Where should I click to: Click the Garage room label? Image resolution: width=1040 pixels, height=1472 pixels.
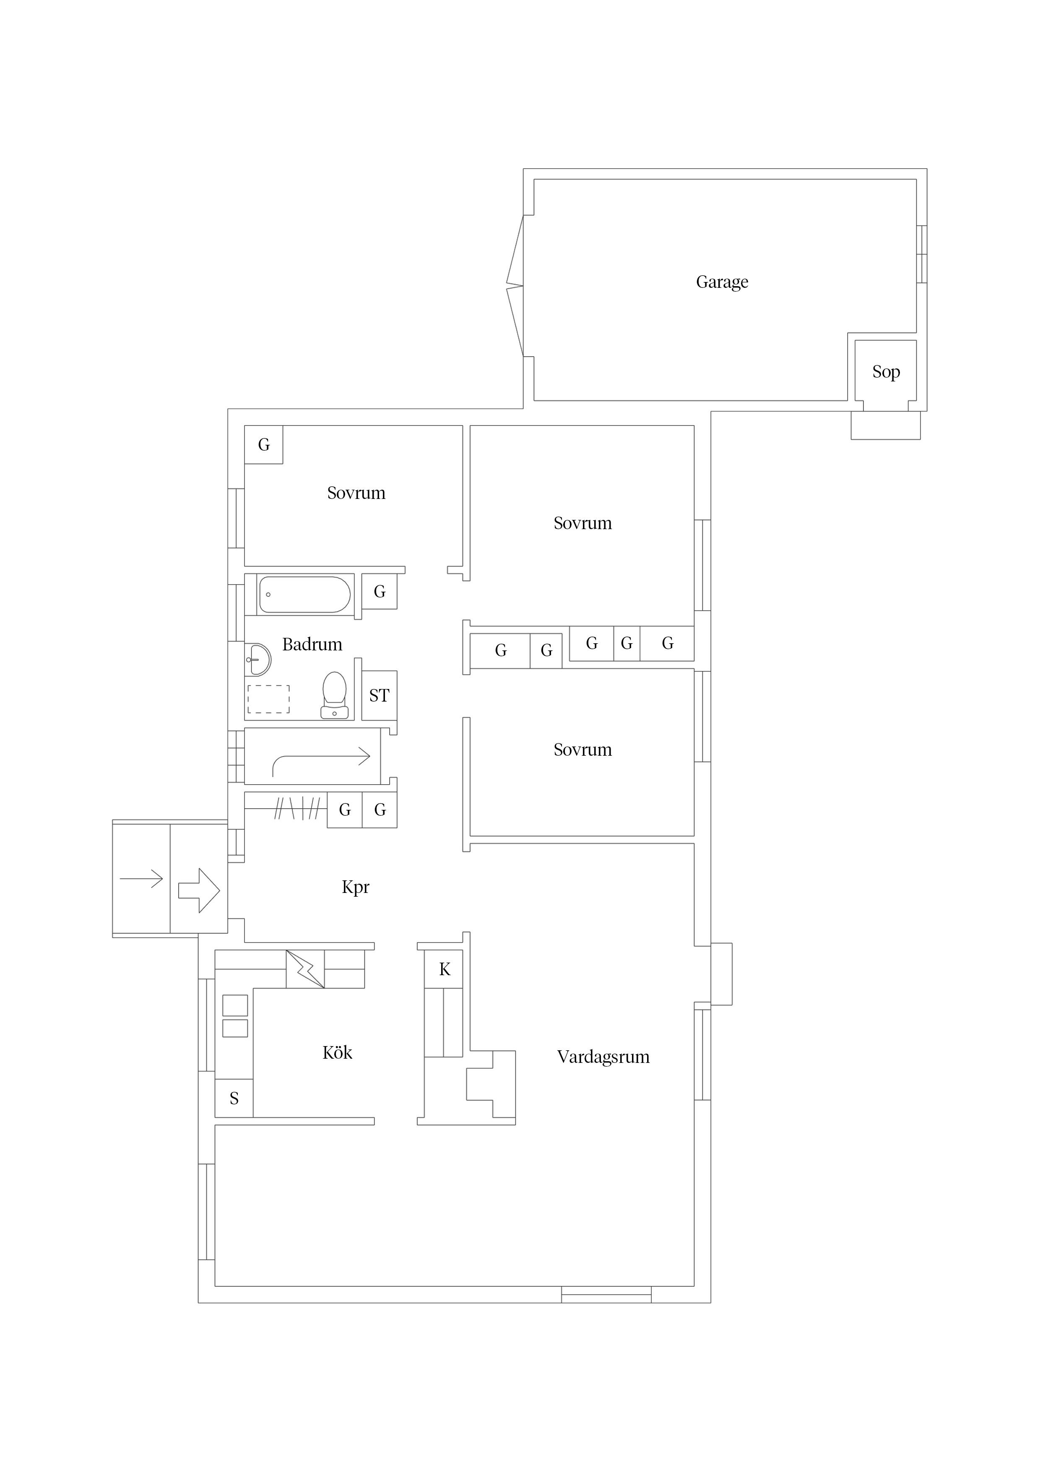tap(722, 282)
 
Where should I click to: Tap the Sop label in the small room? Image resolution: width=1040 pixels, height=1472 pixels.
tap(886, 372)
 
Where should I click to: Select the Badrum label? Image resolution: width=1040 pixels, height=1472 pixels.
tap(312, 645)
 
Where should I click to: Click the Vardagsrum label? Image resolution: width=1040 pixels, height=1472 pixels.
tap(603, 1057)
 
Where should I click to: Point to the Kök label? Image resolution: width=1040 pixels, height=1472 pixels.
tap(337, 1053)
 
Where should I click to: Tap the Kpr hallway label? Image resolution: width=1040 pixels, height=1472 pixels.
tap(356, 887)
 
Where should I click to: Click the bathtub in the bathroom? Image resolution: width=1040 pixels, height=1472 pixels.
tap(305, 595)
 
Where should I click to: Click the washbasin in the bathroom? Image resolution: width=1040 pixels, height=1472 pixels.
tap(257, 659)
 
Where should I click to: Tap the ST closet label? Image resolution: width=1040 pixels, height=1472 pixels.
tap(380, 696)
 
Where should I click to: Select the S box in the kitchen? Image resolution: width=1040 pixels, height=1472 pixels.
tap(234, 1098)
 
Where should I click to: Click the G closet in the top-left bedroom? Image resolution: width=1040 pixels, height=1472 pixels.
tap(263, 444)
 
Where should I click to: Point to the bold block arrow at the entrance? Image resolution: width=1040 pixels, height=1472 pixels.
tap(199, 890)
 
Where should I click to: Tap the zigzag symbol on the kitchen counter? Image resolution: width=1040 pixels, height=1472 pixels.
tap(305, 969)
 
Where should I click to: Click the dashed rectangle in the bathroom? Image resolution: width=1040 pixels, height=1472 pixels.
tap(268, 699)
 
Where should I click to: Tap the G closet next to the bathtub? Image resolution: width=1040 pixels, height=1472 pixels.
tap(380, 592)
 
